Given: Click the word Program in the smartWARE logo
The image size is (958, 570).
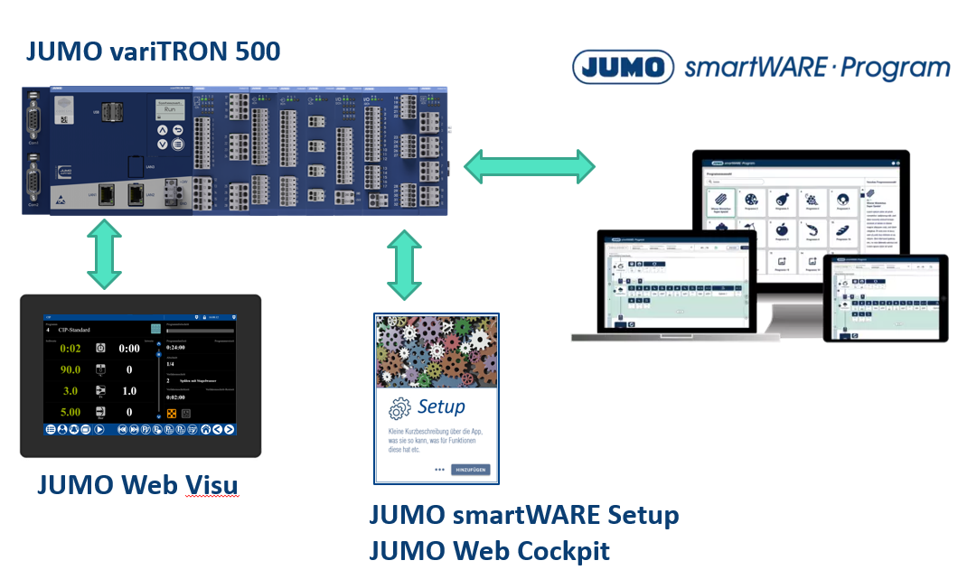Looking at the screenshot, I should point(896,68).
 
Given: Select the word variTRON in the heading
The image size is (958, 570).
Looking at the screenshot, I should point(169,51).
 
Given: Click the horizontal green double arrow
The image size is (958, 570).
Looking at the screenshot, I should point(531,166).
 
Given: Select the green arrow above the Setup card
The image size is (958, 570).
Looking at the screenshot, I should point(404,265).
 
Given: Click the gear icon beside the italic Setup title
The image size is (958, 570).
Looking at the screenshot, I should point(399,408).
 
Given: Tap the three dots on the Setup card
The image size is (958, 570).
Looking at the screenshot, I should point(439,470).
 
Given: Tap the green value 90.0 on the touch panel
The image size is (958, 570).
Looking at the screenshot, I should point(70,369).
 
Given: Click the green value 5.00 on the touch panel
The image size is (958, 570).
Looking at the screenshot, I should point(70,412).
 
